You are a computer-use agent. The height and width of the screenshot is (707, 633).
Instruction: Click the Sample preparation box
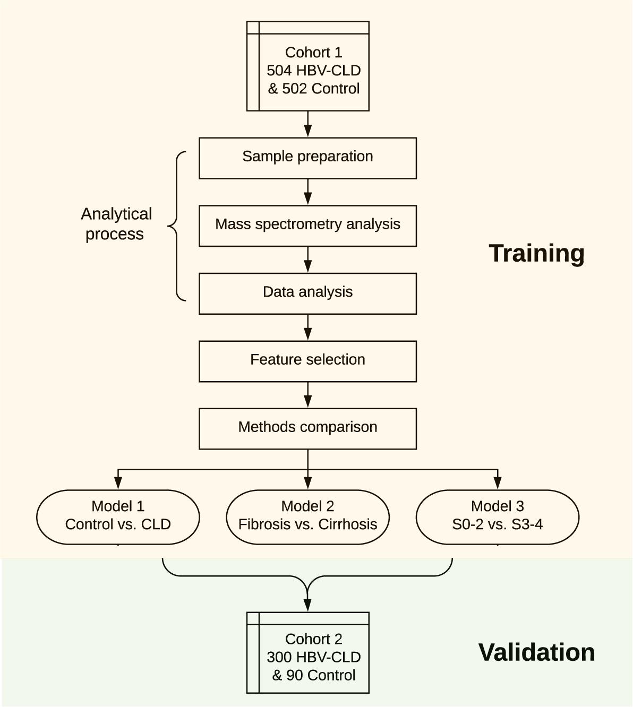307,158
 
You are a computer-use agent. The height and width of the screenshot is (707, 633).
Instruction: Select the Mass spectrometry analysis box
307,225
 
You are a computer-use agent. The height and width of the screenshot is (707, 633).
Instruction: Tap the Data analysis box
307,293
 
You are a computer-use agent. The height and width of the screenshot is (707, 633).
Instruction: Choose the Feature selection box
307,360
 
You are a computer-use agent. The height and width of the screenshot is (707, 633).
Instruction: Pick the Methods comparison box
307,428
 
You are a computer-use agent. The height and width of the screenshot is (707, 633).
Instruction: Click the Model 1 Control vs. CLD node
118,516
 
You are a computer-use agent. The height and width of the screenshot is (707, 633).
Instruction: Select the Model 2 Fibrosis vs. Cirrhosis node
307,516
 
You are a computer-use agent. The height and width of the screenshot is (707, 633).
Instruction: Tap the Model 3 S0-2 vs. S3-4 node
497,516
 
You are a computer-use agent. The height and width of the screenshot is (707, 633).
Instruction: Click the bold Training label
536,253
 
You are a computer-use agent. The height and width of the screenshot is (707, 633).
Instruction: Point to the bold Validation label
536,652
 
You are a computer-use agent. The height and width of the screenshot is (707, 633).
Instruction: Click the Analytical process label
116,224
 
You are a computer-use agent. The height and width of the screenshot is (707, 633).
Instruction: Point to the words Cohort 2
313,639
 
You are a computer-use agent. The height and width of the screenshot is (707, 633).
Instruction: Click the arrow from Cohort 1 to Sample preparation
308,125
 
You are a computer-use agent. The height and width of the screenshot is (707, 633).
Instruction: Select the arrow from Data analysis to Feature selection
308,327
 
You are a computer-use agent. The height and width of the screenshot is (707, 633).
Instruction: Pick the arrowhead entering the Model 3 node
498,483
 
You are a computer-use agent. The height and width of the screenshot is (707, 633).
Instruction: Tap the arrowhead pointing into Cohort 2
307,605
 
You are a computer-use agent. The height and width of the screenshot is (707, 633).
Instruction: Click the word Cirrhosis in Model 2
348,524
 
